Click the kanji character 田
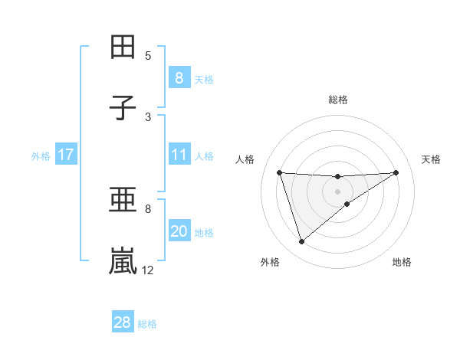[123, 47]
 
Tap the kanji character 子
[123, 108]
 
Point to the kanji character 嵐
[123, 261]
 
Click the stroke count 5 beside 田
[148, 55]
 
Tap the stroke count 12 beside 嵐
[148, 270]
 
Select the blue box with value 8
[179, 78]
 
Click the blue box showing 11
[179, 155]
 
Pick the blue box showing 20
[179, 232]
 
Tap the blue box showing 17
[65, 155]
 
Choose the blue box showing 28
[122, 322]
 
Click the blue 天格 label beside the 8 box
[204, 79]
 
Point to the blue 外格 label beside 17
[41, 155]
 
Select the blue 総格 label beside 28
[147, 323]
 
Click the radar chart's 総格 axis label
[337, 100]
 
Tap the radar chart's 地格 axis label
[402, 262]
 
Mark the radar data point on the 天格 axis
[396, 172]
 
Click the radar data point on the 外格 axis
[301, 242]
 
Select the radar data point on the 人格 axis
[280, 172]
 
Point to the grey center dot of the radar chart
[337, 191]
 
